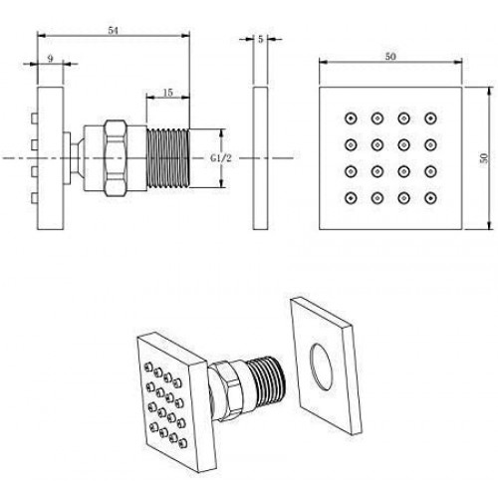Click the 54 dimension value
[113, 30]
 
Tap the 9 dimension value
[50, 59]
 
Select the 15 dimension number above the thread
[168, 93]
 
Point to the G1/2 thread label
[221, 158]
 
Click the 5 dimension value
[260, 39]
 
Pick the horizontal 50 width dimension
[390, 57]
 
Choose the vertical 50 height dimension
[484, 157]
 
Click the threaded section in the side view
[168, 158]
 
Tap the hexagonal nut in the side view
[116, 158]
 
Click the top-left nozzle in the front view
[351, 118]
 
